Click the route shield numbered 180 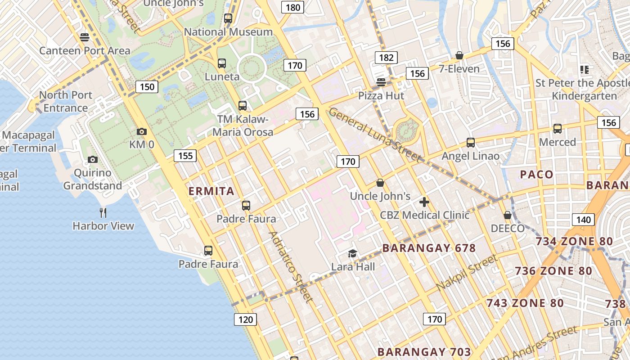click(x=292, y=7)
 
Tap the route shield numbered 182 click(x=386, y=58)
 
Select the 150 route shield click(x=147, y=87)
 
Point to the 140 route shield click(x=583, y=220)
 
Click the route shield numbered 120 click(x=245, y=319)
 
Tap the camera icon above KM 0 click(x=142, y=132)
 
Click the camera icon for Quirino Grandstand click(x=93, y=160)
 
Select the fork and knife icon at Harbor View click(x=103, y=212)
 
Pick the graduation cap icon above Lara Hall click(x=353, y=254)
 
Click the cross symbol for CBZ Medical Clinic click(x=424, y=202)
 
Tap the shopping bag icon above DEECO click(x=508, y=216)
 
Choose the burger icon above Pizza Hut click(x=381, y=82)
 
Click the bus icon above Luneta click(x=222, y=63)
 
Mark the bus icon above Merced click(x=558, y=129)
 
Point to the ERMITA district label click(x=211, y=191)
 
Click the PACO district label click(x=537, y=175)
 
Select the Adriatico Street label click(x=290, y=267)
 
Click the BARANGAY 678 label click(x=429, y=248)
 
